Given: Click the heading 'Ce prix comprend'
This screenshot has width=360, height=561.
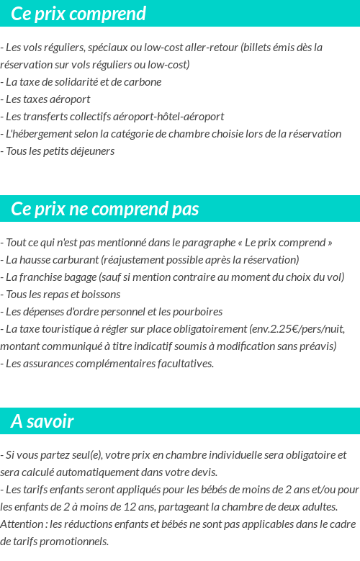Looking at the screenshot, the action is coord(78,14).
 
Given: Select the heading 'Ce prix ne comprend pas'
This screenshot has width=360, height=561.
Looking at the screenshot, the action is coord(105,209).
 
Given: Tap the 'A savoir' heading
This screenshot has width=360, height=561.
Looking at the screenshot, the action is coord(42,421).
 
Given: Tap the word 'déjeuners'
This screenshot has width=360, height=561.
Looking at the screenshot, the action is coord(91,151).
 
